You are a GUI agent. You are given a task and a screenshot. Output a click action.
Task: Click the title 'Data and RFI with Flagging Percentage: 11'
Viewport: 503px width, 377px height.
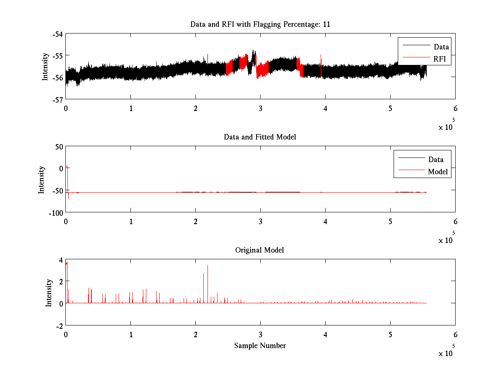point(260,24)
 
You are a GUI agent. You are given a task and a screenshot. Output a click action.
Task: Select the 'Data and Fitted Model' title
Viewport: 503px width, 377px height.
point(260,137)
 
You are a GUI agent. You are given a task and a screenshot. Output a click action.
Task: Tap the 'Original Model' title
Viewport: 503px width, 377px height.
point(259,250)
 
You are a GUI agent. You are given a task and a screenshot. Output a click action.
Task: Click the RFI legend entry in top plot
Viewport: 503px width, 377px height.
point(439,59)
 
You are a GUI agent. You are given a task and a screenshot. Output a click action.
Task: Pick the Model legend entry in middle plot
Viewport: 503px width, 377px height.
point(438,171)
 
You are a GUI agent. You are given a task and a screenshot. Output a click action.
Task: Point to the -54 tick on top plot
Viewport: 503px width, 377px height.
point(57,34)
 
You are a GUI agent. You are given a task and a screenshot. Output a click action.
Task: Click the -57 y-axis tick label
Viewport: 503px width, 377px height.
point(57,99)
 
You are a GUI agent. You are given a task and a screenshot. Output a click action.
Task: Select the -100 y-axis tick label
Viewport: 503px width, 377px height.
point(56,212)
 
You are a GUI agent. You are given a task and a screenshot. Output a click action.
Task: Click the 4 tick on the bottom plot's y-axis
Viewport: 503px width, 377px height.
point(61,260)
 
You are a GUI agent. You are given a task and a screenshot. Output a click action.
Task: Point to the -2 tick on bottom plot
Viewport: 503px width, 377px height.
point(59,325)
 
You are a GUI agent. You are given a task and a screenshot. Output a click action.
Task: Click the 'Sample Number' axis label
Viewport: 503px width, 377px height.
point(260,346)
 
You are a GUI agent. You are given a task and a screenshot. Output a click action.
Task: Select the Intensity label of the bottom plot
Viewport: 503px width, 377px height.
point(49,292)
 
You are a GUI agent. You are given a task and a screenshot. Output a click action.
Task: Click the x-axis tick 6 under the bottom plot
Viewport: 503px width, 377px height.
point(455,335)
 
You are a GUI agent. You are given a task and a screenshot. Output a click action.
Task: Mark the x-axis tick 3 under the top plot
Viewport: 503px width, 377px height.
point(260,108)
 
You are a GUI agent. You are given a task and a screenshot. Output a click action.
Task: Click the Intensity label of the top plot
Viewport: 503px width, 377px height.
point(45,67)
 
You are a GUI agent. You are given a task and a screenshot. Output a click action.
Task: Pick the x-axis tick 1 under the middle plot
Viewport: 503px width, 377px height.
point(131,222)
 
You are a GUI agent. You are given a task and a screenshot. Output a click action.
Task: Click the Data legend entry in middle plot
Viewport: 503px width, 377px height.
point(436,159)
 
